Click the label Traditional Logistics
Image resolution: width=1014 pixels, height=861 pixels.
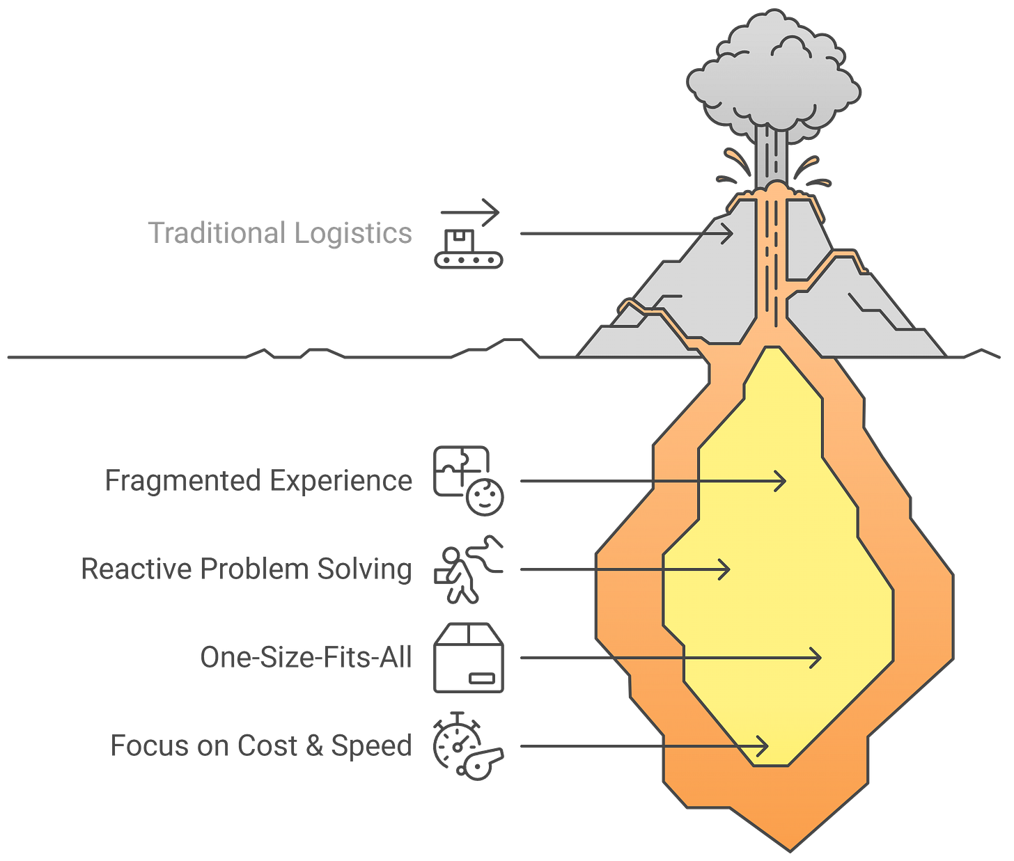(280, 232)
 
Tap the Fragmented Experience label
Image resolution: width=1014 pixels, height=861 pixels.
(259, 481)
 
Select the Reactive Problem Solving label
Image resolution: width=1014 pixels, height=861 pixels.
(246, 569)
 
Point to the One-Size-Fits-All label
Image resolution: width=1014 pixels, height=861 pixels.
(306, 657)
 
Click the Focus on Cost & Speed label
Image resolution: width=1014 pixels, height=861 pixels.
(261, 745)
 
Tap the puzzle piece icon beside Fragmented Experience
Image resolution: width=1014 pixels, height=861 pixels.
(460, 470)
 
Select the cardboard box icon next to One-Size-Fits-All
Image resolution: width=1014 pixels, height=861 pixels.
(468, 657)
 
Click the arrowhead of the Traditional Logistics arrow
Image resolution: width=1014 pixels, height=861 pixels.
(728, 234)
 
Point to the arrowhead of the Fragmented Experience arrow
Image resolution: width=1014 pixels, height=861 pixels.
(782, 481)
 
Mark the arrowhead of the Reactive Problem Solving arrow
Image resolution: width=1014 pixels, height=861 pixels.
(726, 569)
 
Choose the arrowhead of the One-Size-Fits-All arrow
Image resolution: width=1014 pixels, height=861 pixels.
(817, 658)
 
